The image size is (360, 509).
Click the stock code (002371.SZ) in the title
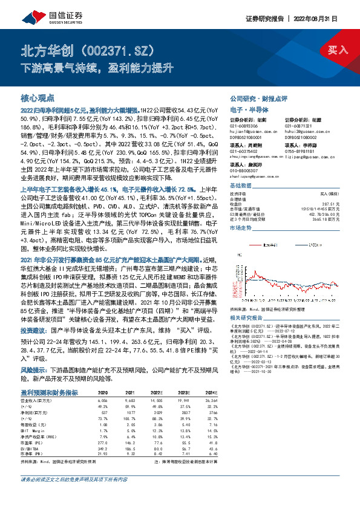click(x=116, y=50)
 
